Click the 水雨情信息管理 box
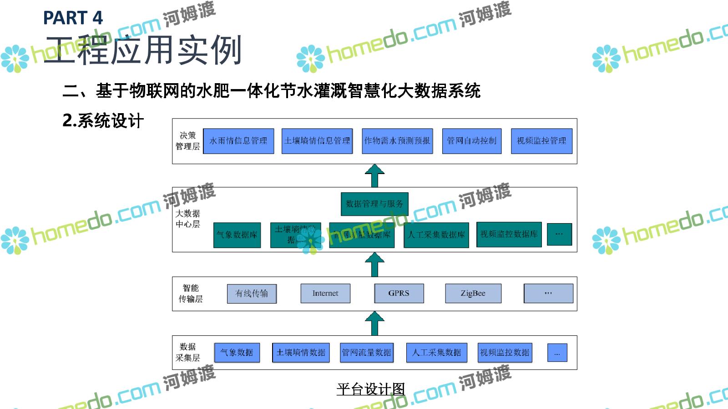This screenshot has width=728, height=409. pos(238,141)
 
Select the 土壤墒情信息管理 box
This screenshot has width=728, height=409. pos(317,141)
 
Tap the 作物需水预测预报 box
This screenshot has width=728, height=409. pos(397,141)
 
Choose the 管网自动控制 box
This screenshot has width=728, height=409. pos(472,141)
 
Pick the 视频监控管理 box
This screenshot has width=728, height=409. pos(541,141)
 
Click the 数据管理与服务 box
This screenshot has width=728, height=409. pos(374,204)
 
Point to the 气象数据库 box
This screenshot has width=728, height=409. pos(237,235)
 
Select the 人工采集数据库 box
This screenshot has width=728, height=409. pos(436,235)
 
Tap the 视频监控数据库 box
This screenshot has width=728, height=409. pos(509,234)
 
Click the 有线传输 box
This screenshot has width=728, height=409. pos(252,294)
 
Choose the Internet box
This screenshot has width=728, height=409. pos(325,294)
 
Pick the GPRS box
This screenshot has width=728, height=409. pos(399,294)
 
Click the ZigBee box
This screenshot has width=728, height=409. pos(473,294)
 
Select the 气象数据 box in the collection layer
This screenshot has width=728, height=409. pos(237,353)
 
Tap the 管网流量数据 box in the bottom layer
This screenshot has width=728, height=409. pos(367,353)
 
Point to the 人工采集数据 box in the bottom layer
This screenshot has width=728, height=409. pos(437,353)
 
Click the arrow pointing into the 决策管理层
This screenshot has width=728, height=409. pos(374,176)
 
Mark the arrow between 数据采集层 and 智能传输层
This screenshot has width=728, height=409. pos(374,324)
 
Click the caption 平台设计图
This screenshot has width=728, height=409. pos(370,389)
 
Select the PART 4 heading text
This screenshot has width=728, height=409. pos(73,18)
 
